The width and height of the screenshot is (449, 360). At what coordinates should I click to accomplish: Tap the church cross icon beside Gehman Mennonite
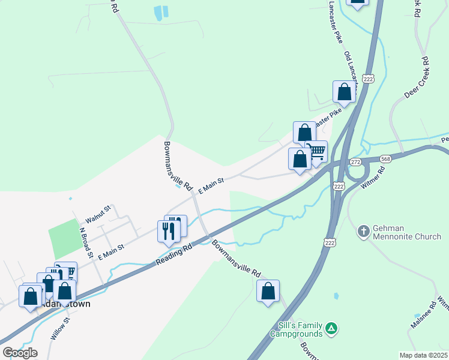(363, 231)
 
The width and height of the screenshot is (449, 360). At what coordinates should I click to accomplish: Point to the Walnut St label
(99, 212)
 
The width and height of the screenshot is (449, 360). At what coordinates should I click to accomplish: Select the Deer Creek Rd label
(415, 77)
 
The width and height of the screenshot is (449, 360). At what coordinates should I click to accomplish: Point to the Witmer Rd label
(373, 179)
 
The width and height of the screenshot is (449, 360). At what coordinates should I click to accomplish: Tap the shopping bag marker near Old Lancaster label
(344, 92)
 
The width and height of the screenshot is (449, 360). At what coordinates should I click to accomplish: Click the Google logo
(20, 352)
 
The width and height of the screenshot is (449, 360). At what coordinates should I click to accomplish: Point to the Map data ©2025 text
(423, 355)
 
